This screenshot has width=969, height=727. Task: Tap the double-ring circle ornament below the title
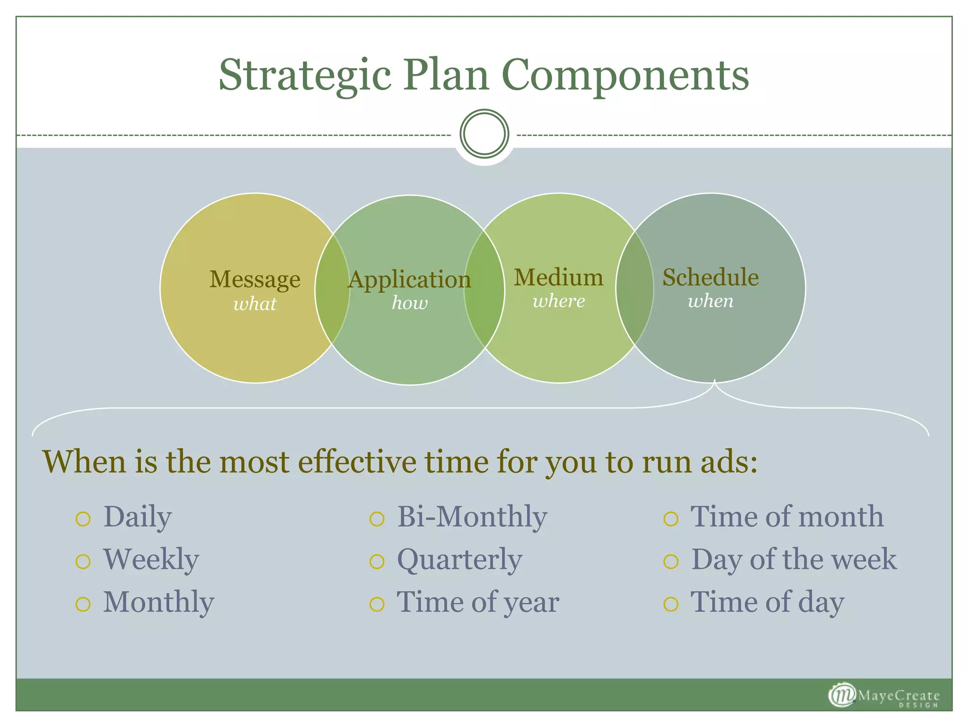click(484, 134)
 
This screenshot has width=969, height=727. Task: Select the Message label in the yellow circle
click(255, 279)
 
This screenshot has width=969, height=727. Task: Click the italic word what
click(255, 304)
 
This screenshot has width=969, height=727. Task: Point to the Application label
click(409, 280)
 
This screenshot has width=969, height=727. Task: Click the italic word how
click(409, 303)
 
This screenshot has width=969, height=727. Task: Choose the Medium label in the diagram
click(558, 277)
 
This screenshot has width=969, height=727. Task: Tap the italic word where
click(558, 301)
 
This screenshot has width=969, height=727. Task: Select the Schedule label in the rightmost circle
click(710, 277)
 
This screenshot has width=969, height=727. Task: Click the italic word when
click(710, 301)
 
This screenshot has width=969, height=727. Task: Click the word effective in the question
click(357, 461)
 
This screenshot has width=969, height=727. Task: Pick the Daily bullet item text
click(137, 517)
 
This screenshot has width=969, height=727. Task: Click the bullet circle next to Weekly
click(83, 561)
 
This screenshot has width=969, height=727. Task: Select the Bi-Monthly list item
click(472, 517)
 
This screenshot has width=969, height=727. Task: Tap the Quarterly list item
click(459, 560)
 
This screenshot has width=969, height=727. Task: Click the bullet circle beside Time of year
click(377, 604)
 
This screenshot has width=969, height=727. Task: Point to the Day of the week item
click(793, 560)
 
